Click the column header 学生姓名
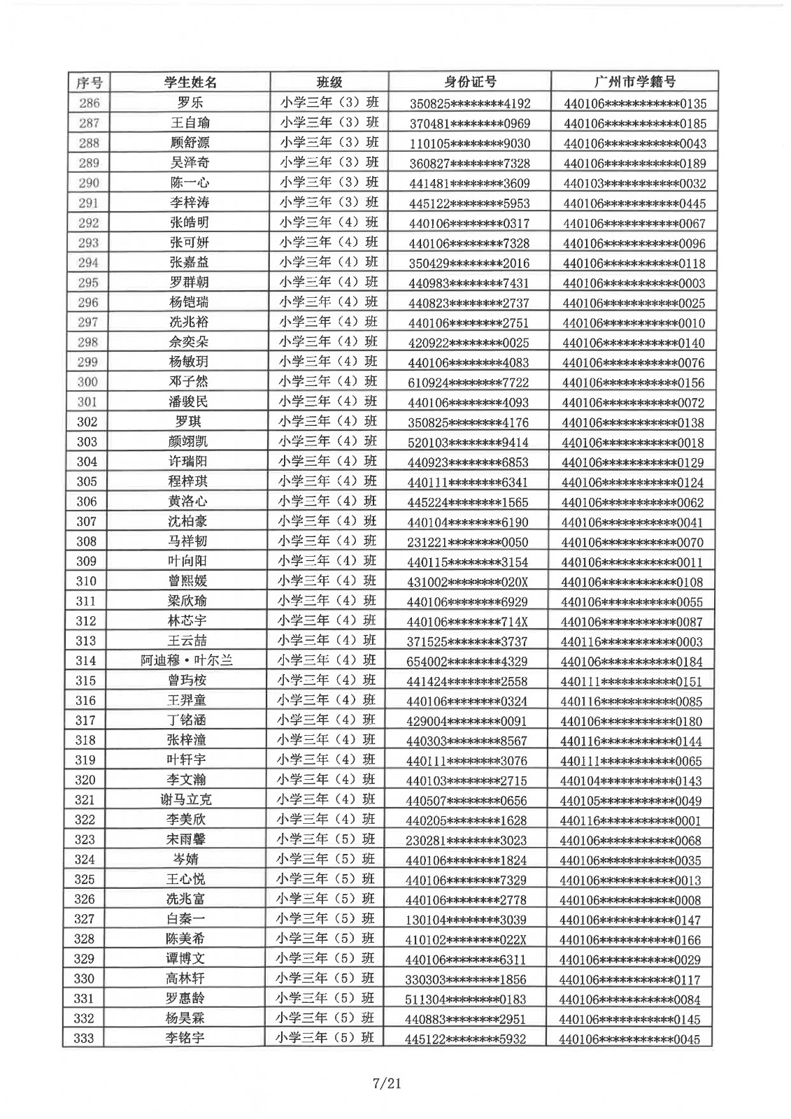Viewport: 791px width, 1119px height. pyautogui.click(x=190, y=83)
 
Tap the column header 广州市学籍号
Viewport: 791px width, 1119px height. pyautogui.click(x=634, y=82)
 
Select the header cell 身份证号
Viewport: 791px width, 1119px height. pyautogui.click(x=470, y=82)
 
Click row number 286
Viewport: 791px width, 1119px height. pyautogui.click(x=89, y=103)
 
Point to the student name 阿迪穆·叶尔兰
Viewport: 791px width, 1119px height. pyautogui.click(x=187, y=661)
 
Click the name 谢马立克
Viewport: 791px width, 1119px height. pyautogui.click(x=186, y=800)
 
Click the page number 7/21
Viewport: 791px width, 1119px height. pyautogui.click(x=387, y=1084)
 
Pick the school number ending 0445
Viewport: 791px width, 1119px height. pyautogui.click(x=634, y=204)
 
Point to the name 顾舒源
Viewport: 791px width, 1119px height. pyautogui.click(x=190, y=143)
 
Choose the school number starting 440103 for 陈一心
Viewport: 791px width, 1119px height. pyautogui.click(x=634, y=184)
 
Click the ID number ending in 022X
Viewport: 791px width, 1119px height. pyautogui.click(x=466, y=940)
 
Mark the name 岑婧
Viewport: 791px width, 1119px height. pyautogui.click(x=185, y=860)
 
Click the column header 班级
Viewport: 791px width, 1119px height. pyautogui.click(x=329, y=82)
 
